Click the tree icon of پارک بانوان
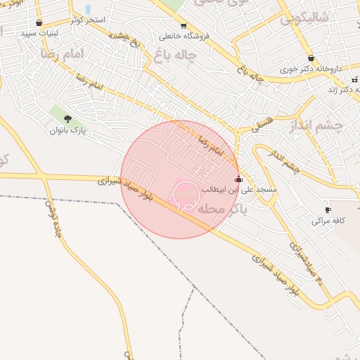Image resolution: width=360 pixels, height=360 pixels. (67, 119)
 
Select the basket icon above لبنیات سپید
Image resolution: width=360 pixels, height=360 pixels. (39, 22)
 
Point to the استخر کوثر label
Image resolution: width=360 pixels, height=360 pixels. (87, 20)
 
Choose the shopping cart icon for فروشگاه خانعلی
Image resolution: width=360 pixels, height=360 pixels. (184, 25)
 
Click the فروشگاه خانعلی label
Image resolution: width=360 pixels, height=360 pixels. (184, 36)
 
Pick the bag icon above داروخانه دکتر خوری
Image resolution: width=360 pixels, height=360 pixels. (311, 58)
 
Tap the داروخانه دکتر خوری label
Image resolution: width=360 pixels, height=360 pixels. (310, 70)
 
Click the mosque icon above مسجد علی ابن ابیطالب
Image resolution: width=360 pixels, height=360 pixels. (239, 179)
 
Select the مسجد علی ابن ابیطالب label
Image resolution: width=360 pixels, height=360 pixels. (239, 190)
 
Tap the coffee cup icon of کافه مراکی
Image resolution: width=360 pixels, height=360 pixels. (328, 210)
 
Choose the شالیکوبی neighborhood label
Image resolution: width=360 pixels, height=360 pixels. (304, 19)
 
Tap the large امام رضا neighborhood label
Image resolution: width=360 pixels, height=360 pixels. (62, 53)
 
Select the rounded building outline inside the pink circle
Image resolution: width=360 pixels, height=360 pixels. (184, 198)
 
